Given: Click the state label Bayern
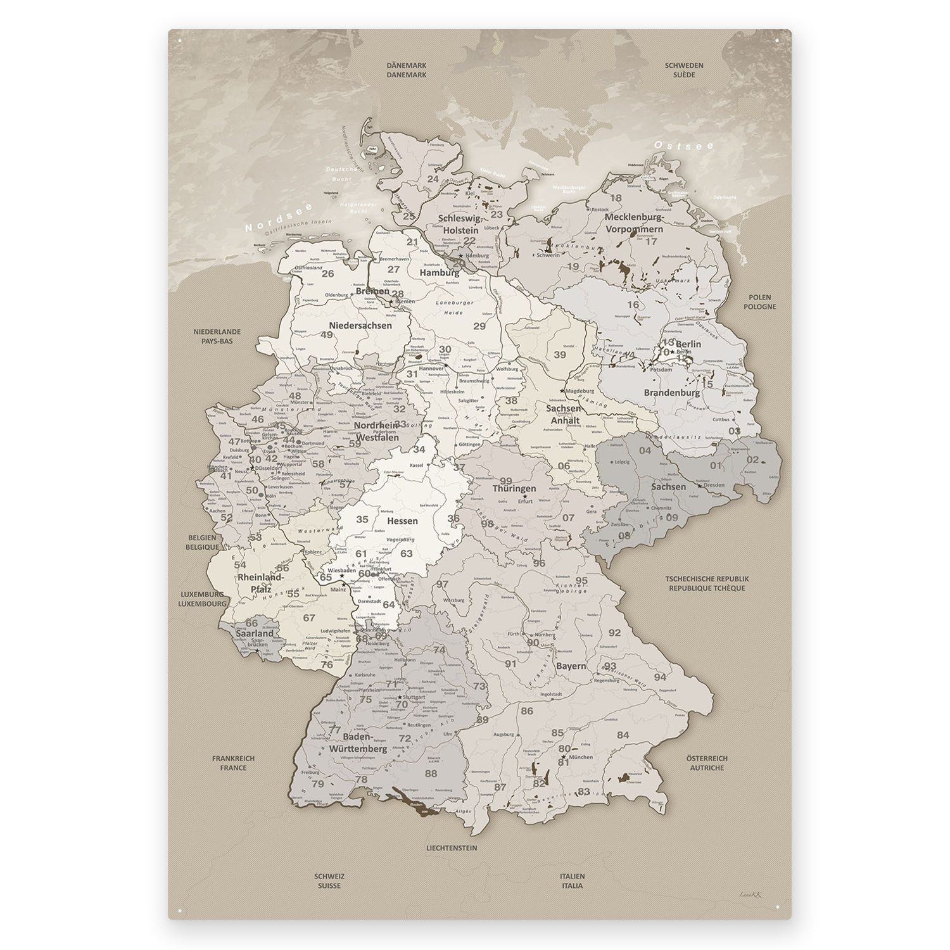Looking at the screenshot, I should (571, 666).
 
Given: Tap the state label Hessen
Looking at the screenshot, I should (402, 521).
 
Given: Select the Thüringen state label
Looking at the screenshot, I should (514, 488).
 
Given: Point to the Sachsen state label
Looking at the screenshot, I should (668, 486).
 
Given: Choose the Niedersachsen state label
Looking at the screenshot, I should (360, 325).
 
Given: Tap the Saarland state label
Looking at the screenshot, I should (254, 633).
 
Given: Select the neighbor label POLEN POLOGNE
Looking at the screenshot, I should (761, 301).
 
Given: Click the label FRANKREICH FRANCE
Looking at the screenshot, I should (229, 763).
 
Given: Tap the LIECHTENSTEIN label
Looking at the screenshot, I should (451, 847).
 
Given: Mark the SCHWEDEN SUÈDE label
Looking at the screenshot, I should (684, 70).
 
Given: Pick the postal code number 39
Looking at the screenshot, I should (559, 355).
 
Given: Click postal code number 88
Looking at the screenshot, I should (431, 773).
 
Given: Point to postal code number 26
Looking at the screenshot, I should (327, 274).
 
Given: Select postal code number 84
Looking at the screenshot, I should (623, 735).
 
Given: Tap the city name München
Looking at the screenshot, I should (581, 757).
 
